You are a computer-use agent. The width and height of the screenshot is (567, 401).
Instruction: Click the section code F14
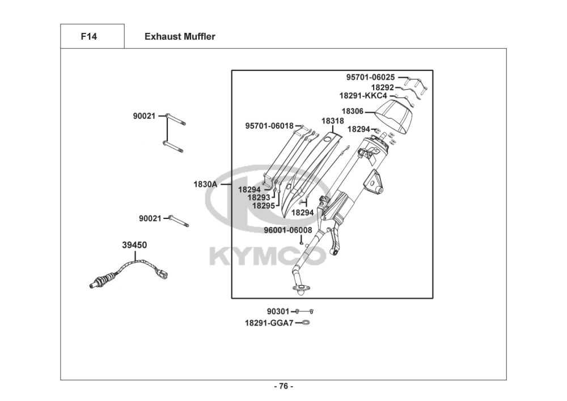pyautogui.click(x=89, y=37)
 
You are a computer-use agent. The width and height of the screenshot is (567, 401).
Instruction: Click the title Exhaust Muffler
pyautogui.click(x=180, y=37)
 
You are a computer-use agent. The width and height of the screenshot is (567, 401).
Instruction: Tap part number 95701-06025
pyautogui.click(x=371, y=77)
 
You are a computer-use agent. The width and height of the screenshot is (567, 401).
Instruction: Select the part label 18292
pyautogui.click(x=383, y=87)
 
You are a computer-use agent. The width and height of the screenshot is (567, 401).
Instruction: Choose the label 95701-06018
pyautogui.click(x=269, y=125)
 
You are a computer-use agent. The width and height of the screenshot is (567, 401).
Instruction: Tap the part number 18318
pyautogui.click(x=332, y=121)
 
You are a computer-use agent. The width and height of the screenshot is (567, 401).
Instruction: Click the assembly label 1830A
pyautogui.click(x=205, y=184)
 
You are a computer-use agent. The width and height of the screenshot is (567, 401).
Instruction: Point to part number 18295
pyautogui.click(x=264, y=206)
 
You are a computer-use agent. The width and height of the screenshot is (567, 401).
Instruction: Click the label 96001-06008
pyautogui.click(x=287, y=230)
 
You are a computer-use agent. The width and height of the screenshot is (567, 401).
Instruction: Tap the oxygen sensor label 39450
pyautogui.click(x=134, y=245)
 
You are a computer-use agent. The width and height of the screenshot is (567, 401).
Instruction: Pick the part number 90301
pyautogui.click(x=278, y=311)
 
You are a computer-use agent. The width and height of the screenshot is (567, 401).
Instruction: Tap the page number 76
pyautogui.click(x=283, y=386)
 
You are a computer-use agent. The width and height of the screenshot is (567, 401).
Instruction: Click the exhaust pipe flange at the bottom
pyautogui.click(x=301, y=289)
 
